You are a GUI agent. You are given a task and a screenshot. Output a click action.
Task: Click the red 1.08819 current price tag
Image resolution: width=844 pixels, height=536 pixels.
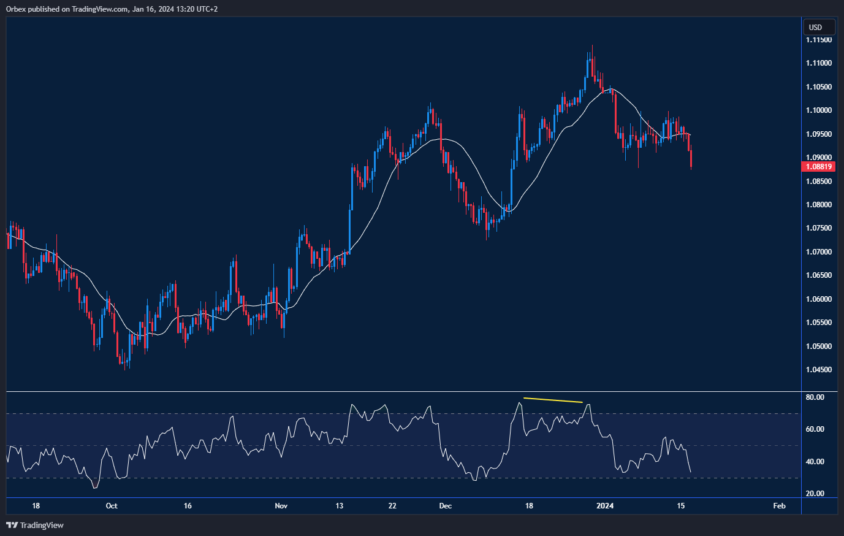pyautogui.click(x=818, y=166)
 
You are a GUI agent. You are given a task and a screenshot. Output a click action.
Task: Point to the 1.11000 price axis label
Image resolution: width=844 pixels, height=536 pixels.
pyautogui.click(x=819, y=63)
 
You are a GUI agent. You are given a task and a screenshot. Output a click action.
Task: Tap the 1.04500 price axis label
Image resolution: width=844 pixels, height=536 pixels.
pyautogui.click(x=819, y=370)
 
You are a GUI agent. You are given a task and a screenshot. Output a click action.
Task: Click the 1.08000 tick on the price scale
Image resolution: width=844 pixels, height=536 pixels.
pyautogui.click(x=819, y=205)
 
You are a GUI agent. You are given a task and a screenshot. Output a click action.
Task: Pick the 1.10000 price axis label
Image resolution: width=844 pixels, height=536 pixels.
pyautogui.click(x=819, y=110)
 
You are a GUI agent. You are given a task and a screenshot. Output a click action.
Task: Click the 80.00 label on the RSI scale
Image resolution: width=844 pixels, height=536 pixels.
pyautogui.click(x=815, y=397)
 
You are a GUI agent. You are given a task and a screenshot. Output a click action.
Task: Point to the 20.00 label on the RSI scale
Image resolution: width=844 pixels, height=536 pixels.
pyautogui.click(x=815, y=494)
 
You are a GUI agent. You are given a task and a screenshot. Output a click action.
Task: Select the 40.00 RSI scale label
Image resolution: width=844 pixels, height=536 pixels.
pyautogui.click(x=815, y=462)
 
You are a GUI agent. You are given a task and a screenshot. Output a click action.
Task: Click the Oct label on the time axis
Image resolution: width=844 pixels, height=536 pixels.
pyautogui.click(x=112, y=506)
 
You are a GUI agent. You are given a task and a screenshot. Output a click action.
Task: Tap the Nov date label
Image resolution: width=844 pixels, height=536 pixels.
pyautogui.click(x=281, y=506)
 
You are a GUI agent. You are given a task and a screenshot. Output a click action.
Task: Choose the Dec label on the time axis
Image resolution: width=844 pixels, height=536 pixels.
pyautogui.click(x=446, y=506)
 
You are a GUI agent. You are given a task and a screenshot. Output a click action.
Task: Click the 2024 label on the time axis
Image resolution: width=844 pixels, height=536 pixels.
pyautogui.click(x=605, y=506)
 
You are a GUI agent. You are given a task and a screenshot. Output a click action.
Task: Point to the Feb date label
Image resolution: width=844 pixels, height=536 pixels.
pyautogui.click(x=779, y=506)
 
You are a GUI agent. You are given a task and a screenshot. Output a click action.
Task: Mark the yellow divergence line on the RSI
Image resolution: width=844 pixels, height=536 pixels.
pyautogui.click(x=552, y=400)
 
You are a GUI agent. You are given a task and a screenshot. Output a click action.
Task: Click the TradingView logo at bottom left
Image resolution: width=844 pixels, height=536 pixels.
pyautogui.click(x=35, y=525)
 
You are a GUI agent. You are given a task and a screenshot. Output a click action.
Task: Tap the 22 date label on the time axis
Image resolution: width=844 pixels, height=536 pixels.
pyautogui.click(x=392, y=506)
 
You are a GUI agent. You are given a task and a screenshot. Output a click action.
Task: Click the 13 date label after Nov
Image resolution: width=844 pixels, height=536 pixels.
pyautogui.click(x=340, y=506)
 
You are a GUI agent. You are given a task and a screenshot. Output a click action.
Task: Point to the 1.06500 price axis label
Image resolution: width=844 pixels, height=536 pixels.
pyautogui.click(x=819, y=275)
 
